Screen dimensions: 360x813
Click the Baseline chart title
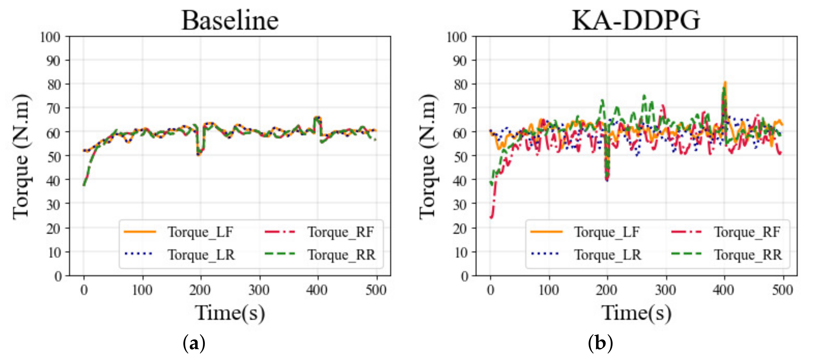click(230, 21)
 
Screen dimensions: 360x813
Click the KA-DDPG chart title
click(636, 21)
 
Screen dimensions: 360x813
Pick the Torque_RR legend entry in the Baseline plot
click(342, 255)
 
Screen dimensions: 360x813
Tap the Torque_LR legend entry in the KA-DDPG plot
click(607, 255)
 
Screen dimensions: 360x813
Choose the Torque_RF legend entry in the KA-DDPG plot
click(747, 232)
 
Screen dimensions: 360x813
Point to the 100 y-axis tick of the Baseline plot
click(50, 37)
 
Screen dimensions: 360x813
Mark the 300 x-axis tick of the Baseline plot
click(259, 290)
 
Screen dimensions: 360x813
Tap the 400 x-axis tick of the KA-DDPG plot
click(723, 290)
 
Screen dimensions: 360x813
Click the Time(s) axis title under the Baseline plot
click(230, 313)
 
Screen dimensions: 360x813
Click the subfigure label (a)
click(194, 343)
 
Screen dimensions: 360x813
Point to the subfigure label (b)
click(600, 343)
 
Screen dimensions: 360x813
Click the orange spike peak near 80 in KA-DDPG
click(725, 83)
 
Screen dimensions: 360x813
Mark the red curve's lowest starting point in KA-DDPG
click(491, 217)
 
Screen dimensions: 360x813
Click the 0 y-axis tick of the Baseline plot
click(58, 276)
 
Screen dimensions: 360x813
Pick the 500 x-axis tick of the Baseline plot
click(376, 290)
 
